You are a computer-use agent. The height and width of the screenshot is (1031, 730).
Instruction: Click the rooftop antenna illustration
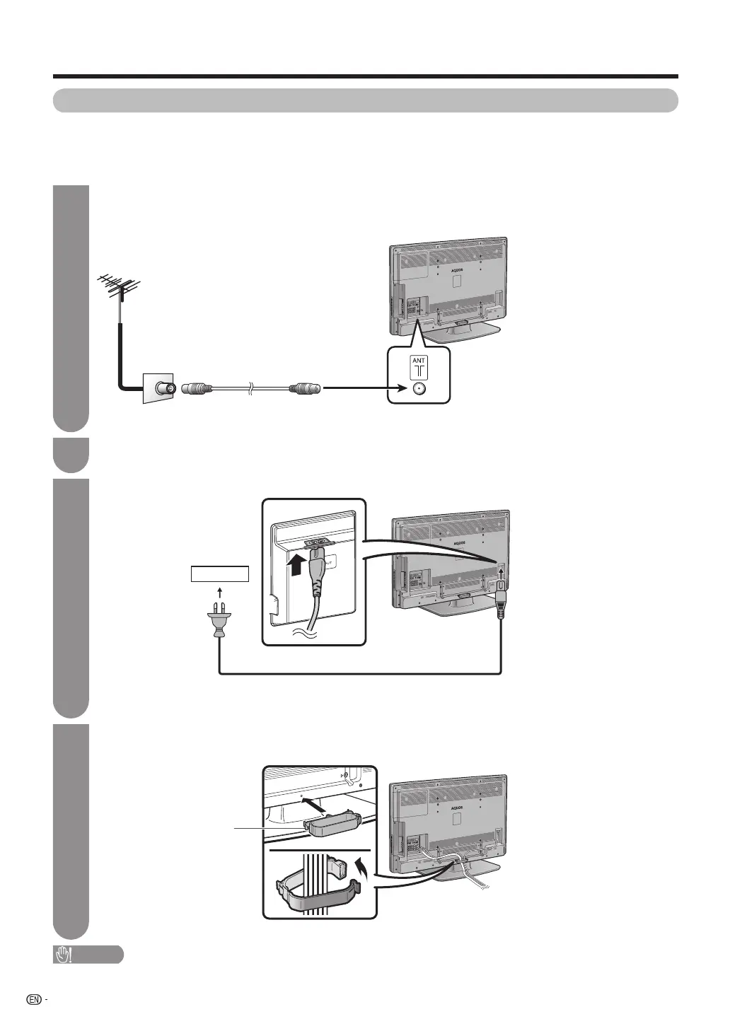click(x=117, y=289)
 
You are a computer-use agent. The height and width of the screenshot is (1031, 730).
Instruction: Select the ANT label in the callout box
click(x=419, y=361)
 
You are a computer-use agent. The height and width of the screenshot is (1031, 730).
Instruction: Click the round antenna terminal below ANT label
click(x=419, y=388)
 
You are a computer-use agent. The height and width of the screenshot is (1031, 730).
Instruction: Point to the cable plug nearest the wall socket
click(x=197, y=388)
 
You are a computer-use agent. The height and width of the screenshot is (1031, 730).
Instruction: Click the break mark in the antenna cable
click(x=251, y=388)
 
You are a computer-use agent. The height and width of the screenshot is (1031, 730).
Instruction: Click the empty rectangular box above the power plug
click(x=219, y=573)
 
